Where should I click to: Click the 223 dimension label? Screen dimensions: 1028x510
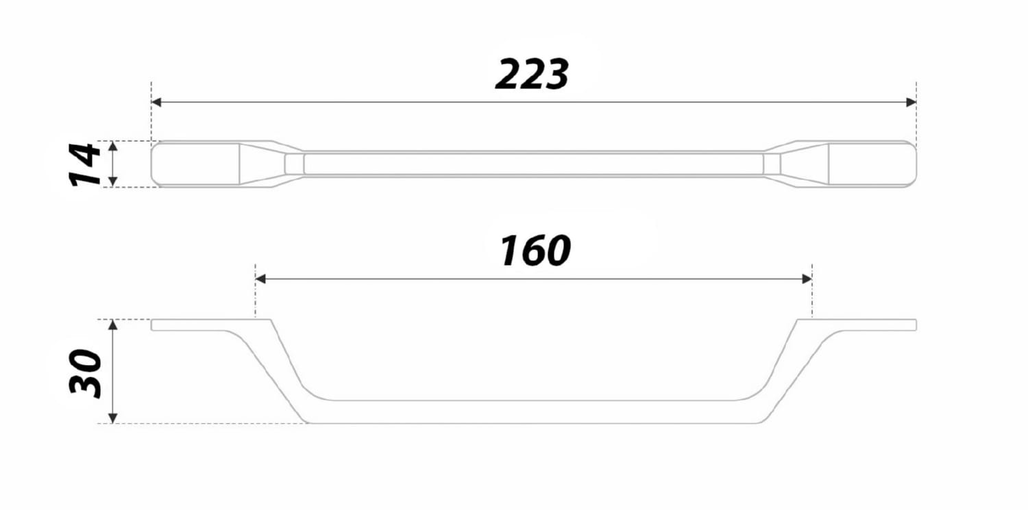click(532, 74)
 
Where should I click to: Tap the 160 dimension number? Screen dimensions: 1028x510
click(535, 251)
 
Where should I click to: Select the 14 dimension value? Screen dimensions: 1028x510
click(85, 164)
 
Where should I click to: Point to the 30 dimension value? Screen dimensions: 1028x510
click(85, 374)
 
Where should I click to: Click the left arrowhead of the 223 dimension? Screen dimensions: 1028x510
click(156, 102)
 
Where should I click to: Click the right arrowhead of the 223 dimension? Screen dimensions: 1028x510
click(911, 102)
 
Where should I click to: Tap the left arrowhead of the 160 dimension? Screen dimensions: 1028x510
click(260, 279)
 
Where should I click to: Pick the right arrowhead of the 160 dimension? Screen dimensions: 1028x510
click(807, 279)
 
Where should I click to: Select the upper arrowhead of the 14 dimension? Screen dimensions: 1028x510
click(113, 146)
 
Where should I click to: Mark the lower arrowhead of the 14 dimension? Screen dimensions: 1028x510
click(113, 181)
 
